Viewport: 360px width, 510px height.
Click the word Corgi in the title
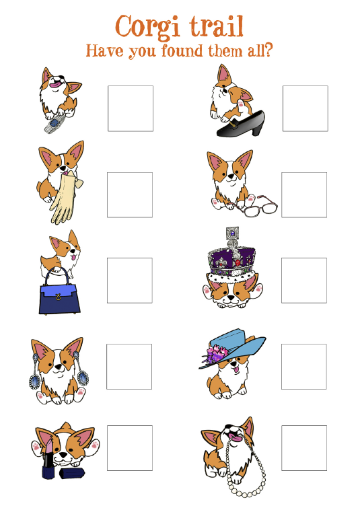tap(147, 27)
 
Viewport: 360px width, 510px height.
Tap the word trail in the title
tap(217, 26)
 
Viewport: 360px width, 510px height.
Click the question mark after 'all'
tap(268, 50)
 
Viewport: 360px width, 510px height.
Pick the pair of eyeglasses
tap(257, 206)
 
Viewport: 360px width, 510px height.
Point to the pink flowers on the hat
tap(216, 354)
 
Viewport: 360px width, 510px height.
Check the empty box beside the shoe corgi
tap(305, 108)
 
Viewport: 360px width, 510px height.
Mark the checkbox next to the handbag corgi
tap(130, 281)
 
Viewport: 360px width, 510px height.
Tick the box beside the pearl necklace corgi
tap(304, 448)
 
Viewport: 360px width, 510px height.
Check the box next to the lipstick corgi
tap(130, 448)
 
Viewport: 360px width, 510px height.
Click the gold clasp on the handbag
tap(59, 297)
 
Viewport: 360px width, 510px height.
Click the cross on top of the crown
tap(233, 233)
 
